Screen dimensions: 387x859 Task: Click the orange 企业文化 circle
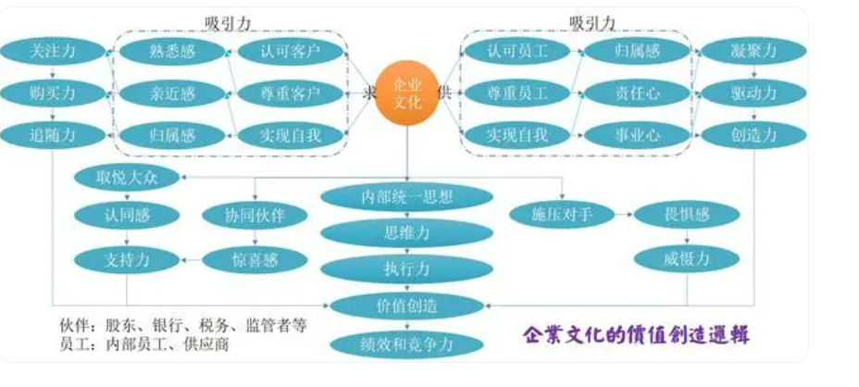pos(407,92)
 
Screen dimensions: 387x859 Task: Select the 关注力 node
pos(52,51)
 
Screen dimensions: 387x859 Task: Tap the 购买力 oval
pos(52,93)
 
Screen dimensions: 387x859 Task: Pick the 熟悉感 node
pos(172,51)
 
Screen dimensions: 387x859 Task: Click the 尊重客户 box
pos(290,93)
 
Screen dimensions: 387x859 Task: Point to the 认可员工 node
pos(517,51)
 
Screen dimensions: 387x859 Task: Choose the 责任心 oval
pos(637,93)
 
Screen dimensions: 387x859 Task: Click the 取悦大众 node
pos(127,177)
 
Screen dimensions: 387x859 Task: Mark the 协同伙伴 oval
pos(243,216)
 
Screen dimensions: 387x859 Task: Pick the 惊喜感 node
pos(243,260)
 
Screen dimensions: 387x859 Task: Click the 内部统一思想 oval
pos(407,197)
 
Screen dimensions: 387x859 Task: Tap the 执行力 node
pos(407,269)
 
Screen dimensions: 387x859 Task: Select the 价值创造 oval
pos(407,306)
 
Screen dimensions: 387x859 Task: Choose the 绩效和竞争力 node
pos(407,344)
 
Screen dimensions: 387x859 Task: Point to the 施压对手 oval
pos(562,216)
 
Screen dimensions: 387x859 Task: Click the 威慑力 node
pos(686,260)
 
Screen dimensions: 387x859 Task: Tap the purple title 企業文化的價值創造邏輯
pos(636,335)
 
